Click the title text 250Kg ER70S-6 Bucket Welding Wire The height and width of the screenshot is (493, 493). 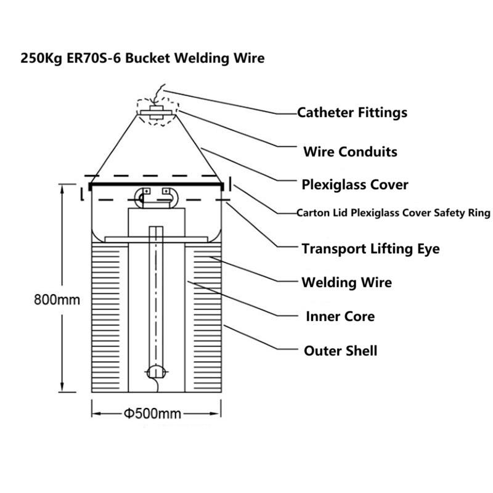[x=142, y=58]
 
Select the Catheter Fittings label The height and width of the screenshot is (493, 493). [x=352, y=113]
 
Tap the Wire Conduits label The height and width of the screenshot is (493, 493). [x=350, y=152]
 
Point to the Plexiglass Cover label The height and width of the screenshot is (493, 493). [x=355, y=184]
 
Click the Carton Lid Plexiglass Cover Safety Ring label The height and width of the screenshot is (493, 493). [x=393, y=213]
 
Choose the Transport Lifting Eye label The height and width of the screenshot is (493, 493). [x=371, y=249]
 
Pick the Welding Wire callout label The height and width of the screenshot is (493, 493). [x=347, y=282]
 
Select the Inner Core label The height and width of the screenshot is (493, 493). [x=340, y=316]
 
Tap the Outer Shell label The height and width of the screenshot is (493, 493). [x=341, y=351]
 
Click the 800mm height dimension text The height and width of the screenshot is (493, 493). [x=57, y=299]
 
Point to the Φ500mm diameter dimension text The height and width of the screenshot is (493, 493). [x=152, y=414]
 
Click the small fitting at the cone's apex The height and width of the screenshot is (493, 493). [x=157, y=113]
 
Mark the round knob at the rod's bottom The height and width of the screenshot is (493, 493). [x=156, y=372]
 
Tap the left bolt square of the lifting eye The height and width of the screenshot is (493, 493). [x=147, y=191]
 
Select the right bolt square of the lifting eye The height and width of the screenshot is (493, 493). [x=166, y=191]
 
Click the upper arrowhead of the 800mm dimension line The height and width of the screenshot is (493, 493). [x=62, y=189]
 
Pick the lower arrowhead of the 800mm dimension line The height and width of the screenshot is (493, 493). [x=62, y=388]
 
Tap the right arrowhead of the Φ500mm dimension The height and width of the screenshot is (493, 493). [x=216, y=414]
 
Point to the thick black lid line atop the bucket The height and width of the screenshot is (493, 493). [x=157, y=184]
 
